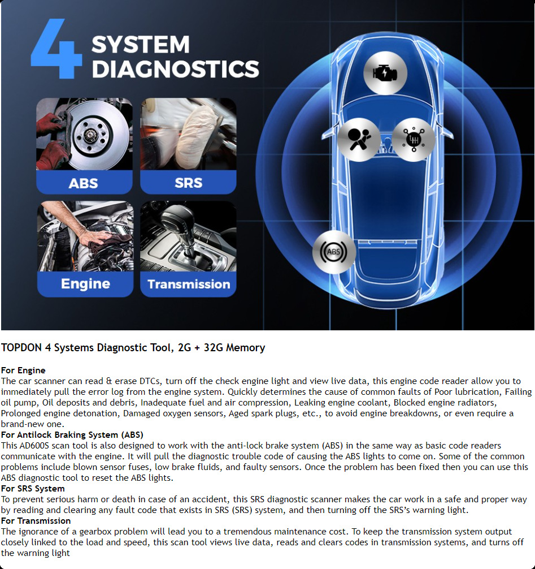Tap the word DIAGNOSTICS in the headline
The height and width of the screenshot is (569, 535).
click(x=176, y=69)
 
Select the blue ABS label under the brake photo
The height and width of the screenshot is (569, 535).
click(x=84, y=183)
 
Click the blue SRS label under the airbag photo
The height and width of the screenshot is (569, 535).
click(x=188, y=183)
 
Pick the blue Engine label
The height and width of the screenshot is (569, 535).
click(x=85, y=284)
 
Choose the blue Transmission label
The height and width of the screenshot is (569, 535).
click(x=189, y=284)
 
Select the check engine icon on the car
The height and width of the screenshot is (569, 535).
click(x=385, y=73)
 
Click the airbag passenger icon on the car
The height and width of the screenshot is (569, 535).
click(x=359, y=140)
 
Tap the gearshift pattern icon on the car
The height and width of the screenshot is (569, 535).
click(x=413, y=140)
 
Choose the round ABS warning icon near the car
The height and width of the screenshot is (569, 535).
click(x=334, y=252)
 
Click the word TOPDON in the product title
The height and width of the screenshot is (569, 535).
click(x=21, y=348)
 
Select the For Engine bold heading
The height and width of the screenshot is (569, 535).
click(x=23, y=370)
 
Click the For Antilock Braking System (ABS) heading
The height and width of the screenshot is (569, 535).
click(x=72, y=435)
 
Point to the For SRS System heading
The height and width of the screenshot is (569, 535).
click(x=33, y=489)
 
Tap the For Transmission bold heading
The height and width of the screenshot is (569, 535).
click(x=36, y=521)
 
